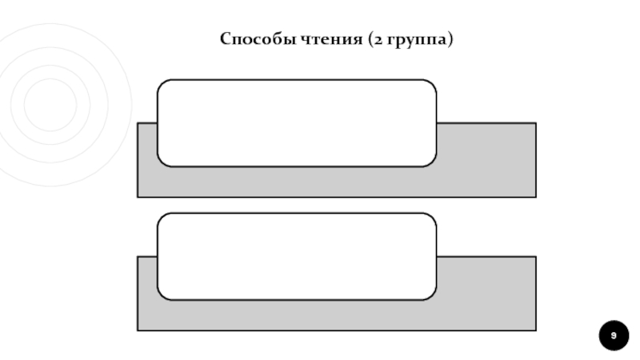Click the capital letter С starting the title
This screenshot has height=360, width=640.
226,39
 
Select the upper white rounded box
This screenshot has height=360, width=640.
297,123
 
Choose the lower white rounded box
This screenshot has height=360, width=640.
297,257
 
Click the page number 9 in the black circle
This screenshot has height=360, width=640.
614,335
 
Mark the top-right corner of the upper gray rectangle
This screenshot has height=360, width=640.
535,123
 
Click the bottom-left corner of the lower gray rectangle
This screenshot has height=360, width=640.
138,330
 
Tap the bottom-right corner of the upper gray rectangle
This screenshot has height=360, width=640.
535,196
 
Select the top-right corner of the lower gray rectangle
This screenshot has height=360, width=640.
535,257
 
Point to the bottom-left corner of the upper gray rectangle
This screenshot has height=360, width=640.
138,196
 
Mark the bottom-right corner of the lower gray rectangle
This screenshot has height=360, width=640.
535,330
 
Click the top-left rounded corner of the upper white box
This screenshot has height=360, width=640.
162,84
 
